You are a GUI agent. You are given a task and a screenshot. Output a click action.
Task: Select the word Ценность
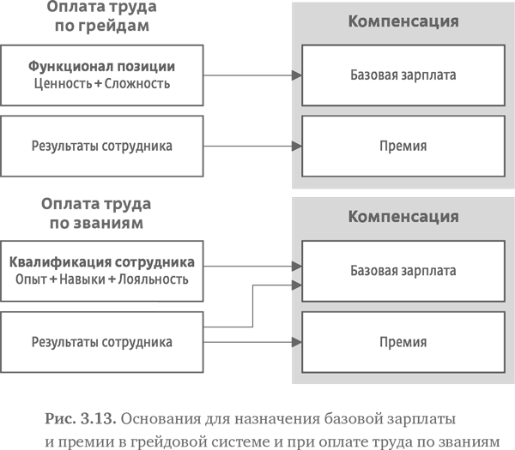pyautogui.click(x=64, y=84)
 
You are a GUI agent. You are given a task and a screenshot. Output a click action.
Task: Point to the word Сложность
pyautogui.click(x=137, y=84)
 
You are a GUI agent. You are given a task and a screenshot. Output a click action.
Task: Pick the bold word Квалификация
pyautogui.click(x=51, y=261)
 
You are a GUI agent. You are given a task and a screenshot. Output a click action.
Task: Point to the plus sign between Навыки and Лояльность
pyautogui.click(x=112, y=279)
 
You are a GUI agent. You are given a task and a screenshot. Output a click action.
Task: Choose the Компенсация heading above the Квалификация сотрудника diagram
pyautogui.click(x=403, y=216)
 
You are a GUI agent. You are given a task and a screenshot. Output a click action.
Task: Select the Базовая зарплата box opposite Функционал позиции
pyautogui.click(x=403, y=75)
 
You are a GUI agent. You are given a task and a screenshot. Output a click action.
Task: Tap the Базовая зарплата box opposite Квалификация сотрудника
pyautogui.click(x=403, y=271)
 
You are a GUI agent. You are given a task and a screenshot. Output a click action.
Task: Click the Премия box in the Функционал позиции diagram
pyautogui.click(x=403, y=146)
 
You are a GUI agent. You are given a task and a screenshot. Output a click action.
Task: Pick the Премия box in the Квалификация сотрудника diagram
pyautogui.click(x=403, y=342)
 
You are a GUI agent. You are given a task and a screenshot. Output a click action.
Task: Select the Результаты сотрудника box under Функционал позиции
pyautogui.click(x=101, y=146)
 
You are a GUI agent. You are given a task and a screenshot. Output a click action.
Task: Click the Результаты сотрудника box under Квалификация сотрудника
pyautogui.click(x=101, y=342)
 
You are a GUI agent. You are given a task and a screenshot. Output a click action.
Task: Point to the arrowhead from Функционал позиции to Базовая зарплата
pyautogui.click(x=296, y=75)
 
